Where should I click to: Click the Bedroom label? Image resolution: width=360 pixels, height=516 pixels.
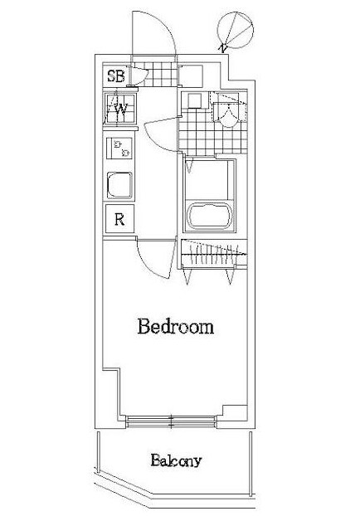176,326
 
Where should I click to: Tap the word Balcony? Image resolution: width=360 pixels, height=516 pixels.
176,460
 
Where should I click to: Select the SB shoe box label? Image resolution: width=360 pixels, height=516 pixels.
116,76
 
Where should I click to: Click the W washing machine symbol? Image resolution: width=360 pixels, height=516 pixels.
119,109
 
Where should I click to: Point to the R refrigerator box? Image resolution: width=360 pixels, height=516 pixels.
119,218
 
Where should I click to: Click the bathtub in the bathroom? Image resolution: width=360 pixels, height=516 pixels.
210,216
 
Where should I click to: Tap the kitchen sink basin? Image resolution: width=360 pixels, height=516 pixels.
119,185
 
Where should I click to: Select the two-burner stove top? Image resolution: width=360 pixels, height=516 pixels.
119,148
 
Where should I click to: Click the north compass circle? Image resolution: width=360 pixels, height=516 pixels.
236,31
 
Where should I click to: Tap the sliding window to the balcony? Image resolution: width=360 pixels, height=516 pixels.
171,422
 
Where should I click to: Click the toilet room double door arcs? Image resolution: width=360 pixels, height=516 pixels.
228,114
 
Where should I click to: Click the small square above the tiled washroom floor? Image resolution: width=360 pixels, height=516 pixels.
194,100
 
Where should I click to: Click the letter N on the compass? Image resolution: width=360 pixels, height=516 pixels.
224,48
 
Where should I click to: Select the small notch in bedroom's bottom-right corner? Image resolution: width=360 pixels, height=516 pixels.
235,412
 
